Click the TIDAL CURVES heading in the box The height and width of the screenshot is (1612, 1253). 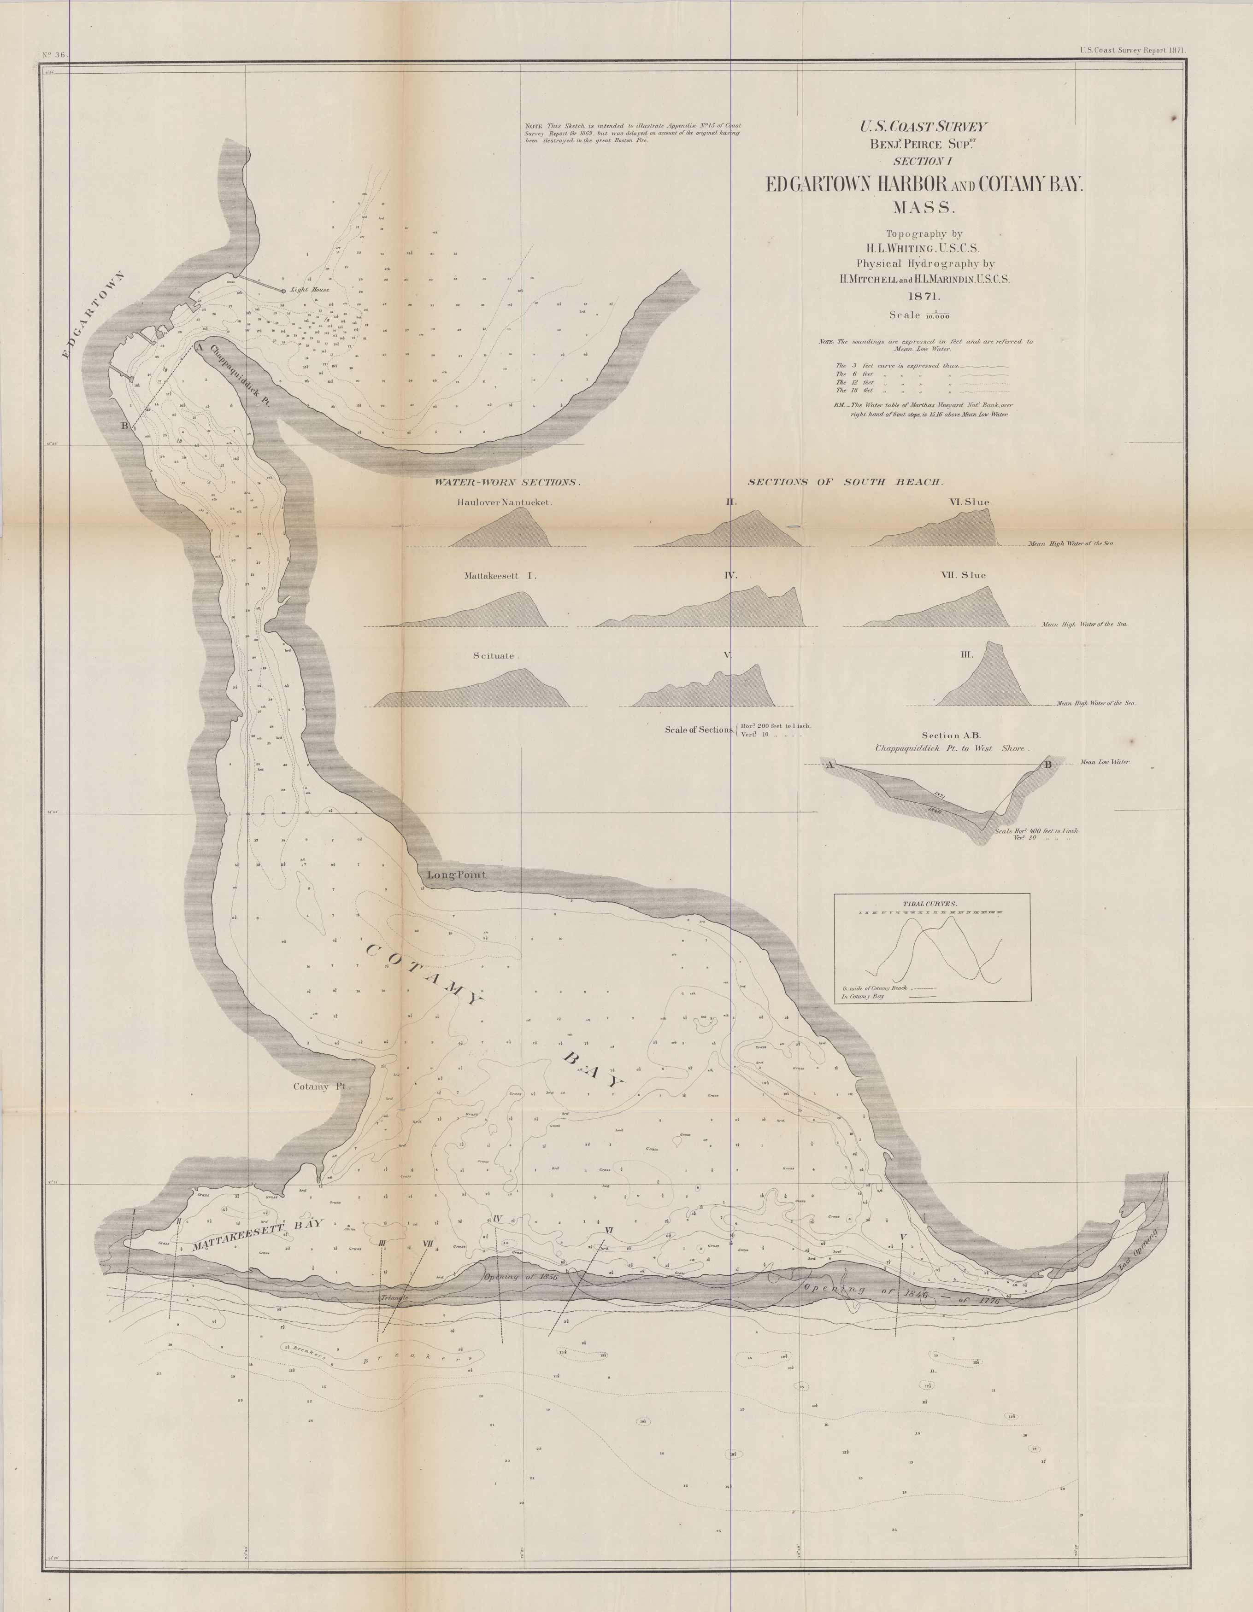(929, 904)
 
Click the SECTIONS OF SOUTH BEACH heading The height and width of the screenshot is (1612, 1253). (846, 482)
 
